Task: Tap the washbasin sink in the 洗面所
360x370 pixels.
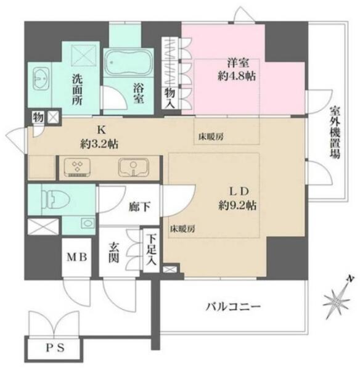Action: [x=41, y=79]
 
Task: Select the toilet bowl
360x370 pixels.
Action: [x=56, y=199]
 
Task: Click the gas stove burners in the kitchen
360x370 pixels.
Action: [x=78, y=167]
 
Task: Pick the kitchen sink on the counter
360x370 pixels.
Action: [x=134, y=167]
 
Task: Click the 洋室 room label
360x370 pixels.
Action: [x=238, y=63]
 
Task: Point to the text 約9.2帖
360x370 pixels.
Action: [x=237, y=206]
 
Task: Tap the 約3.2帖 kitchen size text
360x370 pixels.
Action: [x=99, y=144]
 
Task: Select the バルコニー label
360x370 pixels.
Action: [x=233, y=306]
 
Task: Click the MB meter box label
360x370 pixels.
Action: [x=77, y=257]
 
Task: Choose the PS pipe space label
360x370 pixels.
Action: [x=55, y=348]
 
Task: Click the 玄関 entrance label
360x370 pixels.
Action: [x=113, y=253]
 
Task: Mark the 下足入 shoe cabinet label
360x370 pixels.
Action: [x=151, y=250]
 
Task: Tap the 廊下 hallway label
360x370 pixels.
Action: [x=139, y=207]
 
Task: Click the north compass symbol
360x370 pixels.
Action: [x=337, y=298]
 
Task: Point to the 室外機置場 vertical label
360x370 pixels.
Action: [x=335, y=133]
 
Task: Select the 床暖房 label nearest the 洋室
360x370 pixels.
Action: [x=211, y=137]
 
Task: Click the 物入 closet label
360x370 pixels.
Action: [x=170, y=98]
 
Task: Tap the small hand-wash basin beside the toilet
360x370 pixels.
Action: [x=88, y=223]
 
